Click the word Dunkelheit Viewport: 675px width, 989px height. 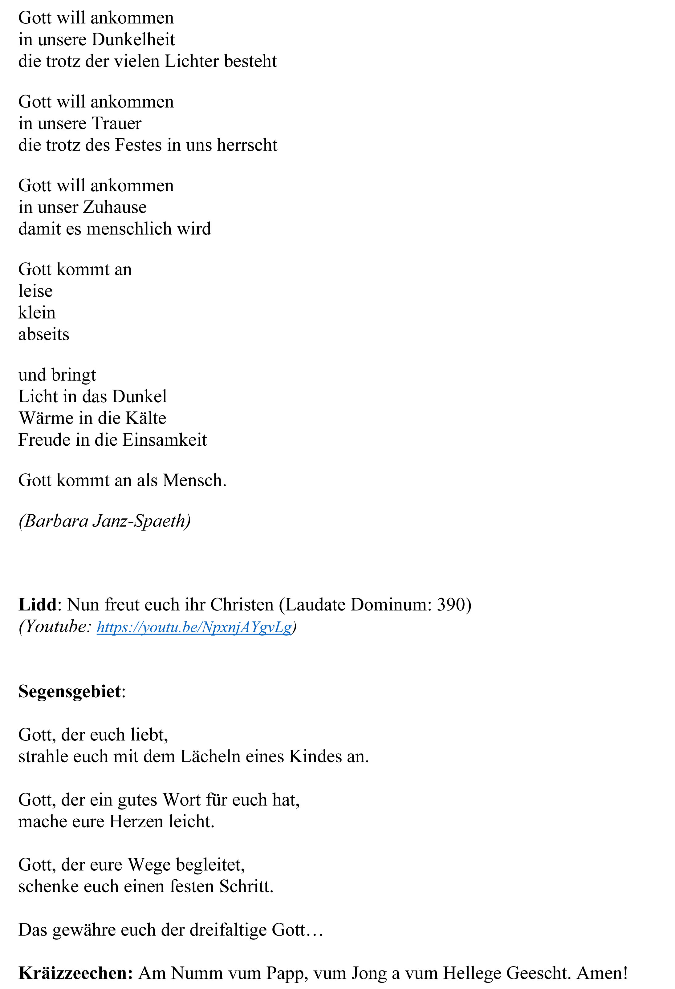point(133,39)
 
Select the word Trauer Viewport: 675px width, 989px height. point(116,124)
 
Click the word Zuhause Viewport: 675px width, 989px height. point(115,207)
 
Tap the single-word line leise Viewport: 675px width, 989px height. point(35,291)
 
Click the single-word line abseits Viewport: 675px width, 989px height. point(43,334)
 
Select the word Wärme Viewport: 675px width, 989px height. point(46,418)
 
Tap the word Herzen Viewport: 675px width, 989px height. point(136,822)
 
